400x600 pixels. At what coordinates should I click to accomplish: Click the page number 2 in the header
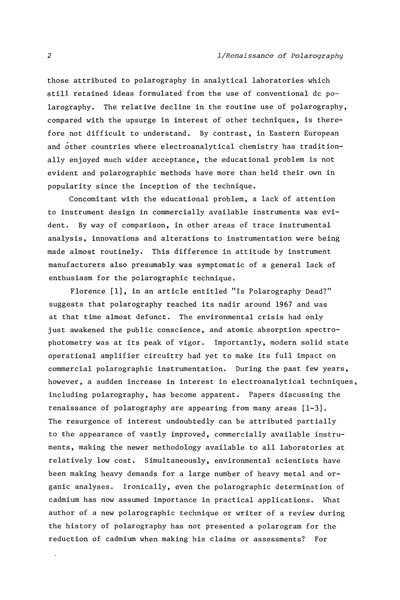tap(50, 56)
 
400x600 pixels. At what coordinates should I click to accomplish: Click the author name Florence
tap(88, 291)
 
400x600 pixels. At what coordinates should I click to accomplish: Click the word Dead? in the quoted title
tap(319, 291)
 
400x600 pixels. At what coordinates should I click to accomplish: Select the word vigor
tap(192, 343)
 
